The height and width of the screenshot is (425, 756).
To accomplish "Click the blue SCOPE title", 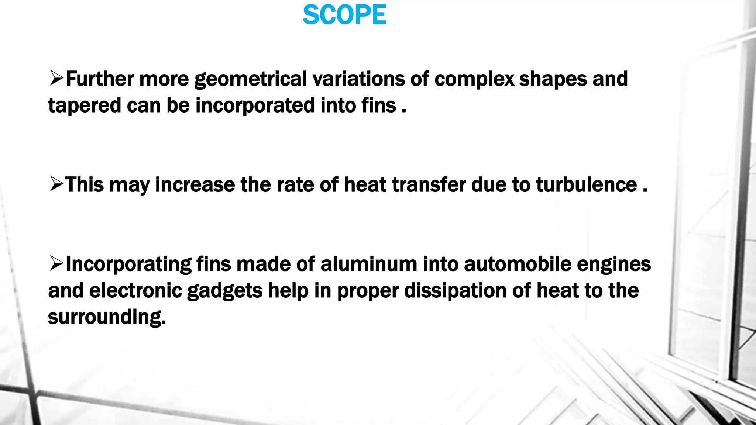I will tap(344, 15).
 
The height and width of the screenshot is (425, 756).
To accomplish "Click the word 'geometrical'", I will tap(251, 80).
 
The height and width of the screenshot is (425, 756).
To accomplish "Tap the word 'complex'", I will tap(474, 80).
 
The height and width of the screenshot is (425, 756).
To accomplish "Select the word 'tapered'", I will tap(85, 106).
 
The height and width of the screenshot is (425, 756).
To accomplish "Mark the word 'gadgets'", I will tap(225, 291).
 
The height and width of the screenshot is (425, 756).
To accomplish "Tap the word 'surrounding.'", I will tap(107, 318).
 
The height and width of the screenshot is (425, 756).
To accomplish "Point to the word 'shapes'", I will tap(553, 80).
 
